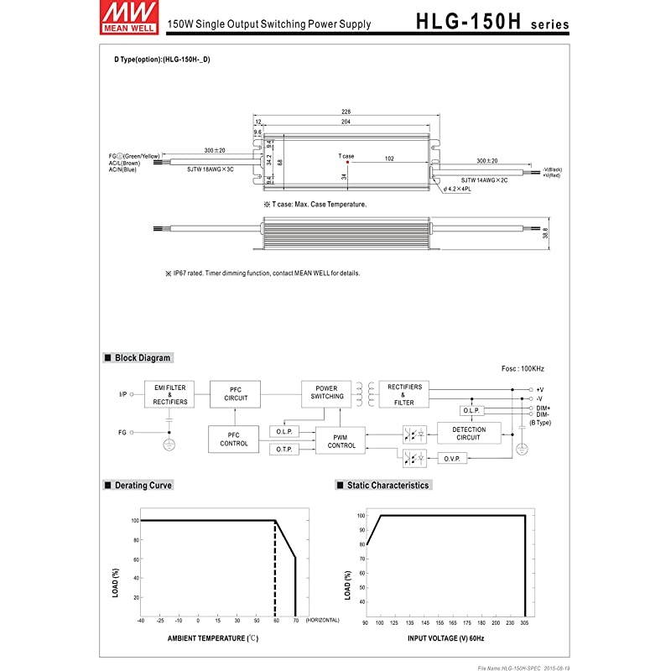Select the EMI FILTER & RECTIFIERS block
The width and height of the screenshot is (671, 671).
(x=170, y=394)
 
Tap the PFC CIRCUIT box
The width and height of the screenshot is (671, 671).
(x=234, y=394)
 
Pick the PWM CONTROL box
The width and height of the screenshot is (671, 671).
(x=341, y=440)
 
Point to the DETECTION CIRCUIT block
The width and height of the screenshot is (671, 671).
(x=468, y=433)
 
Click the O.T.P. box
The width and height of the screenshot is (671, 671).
(x=283, y=450)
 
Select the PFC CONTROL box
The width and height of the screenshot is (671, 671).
(x=234, y=439)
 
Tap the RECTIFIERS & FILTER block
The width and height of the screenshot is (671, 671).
(x=403, y=394)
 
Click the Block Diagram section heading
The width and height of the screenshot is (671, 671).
(x=138, y=358)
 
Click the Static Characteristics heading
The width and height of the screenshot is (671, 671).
(x=382, y=486)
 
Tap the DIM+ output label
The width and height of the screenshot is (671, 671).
(x=543, y=407)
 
